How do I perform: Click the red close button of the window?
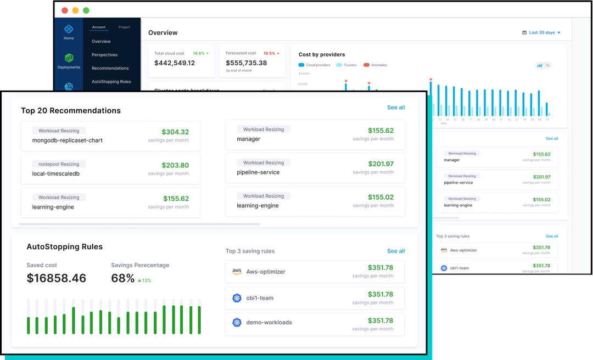pos(65,10)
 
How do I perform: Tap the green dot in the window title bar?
pos(86,10)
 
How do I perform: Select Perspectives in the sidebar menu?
pos(104,55)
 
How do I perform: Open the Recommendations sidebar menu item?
pos(110,68)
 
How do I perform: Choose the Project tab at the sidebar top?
pos(124,27)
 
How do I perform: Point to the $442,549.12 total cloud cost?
pos(175,63)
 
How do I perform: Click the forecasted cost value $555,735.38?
pos(247,63)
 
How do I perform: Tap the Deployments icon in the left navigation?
pos(69,60)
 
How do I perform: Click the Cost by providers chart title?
pos(322,54)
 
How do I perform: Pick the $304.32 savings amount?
pos(175,132)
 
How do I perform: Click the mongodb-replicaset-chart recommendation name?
pos(68,140)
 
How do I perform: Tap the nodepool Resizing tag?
pos(59,164)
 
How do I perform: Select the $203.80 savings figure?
pos(175,165)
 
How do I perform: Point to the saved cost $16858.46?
pos(57,278)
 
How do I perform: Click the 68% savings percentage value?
pos(123,278)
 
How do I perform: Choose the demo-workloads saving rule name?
pos(269,322)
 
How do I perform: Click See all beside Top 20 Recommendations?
pos(396,108)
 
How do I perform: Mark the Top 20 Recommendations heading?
pos(71,110)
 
